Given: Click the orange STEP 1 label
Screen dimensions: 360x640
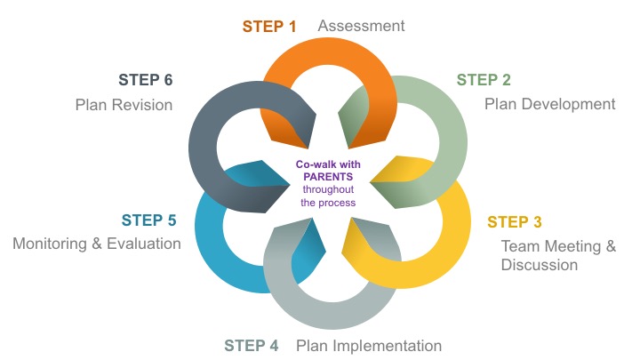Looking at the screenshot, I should (270, 26).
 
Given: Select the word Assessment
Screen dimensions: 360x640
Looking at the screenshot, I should (361, 26).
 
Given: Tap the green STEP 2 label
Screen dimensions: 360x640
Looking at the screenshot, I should (484, 80).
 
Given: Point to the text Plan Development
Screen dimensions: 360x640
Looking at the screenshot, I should (549, 105).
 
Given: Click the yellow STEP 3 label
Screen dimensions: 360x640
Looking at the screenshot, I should (516, 222).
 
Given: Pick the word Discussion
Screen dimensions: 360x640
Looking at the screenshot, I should (540, 265).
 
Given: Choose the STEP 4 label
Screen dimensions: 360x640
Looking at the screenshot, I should (256, 346).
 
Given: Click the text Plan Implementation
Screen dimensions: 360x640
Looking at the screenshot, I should (369, 346).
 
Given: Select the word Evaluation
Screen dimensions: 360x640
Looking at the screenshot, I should (148, 244).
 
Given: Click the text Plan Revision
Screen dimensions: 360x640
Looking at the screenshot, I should (124, 105).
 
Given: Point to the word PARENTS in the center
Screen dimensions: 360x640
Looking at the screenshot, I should (328, 177).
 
